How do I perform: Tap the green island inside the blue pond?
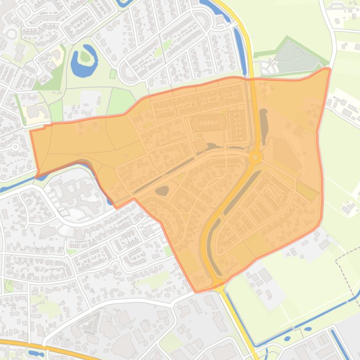(x=85, y=56)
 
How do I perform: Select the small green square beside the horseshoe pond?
(x=112, y=74)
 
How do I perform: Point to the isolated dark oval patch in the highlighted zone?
(x=162, y=191)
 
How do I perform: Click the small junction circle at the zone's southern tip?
(x=218, y=282)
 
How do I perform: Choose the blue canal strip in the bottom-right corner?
(x=340, y=344)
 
